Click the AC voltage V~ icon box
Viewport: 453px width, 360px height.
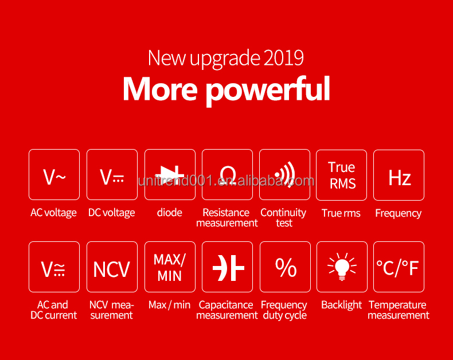pos(54,174)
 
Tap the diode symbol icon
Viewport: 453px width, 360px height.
pos(170,174)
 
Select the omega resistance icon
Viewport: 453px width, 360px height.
pos(228,175)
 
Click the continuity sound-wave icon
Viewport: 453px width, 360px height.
pos(285,174)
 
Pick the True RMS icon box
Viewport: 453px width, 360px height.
pos(342,175)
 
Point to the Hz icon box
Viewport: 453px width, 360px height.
pos(399,175)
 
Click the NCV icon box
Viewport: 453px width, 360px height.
pos(112,267)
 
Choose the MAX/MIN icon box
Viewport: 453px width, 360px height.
pos(170,267)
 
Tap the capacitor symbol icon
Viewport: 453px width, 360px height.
pos(228,268)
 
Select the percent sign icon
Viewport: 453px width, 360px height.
pos(286,267)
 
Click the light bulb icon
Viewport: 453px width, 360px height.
pos(342,267)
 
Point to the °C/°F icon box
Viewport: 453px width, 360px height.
pos(399,267)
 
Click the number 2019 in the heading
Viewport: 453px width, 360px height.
pos(283,57)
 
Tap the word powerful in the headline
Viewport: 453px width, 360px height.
pos(268,89)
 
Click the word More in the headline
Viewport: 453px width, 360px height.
pos(160,89)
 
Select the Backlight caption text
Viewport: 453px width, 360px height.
pos(342,305)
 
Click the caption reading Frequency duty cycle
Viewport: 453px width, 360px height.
pos(284,310)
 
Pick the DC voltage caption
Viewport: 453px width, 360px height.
pos(111,213)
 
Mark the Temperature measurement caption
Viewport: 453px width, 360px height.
pos(399,310)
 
